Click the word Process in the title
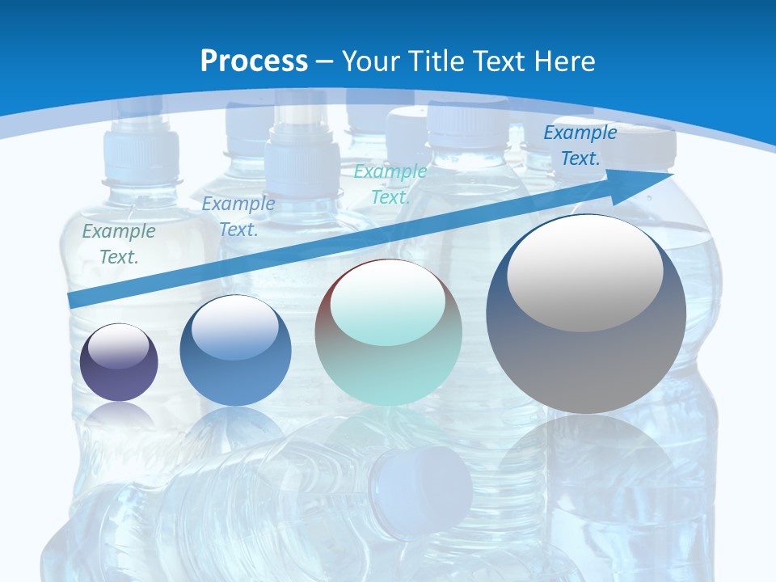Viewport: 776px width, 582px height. point(254,61)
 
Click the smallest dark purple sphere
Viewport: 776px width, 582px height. point(119,362)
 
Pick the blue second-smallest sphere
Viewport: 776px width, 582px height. point(235,351)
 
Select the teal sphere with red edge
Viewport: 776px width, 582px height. point(388,333)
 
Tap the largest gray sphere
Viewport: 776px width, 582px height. point(586,314)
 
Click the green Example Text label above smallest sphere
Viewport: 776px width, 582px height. point(119,244)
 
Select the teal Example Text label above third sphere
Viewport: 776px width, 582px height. point(390,184)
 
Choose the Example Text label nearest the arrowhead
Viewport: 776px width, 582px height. point(580,145)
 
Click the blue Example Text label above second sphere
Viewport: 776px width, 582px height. point(238,217)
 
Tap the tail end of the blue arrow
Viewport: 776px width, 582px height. point(74,301)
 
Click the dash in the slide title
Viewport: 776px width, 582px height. point(325,61)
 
